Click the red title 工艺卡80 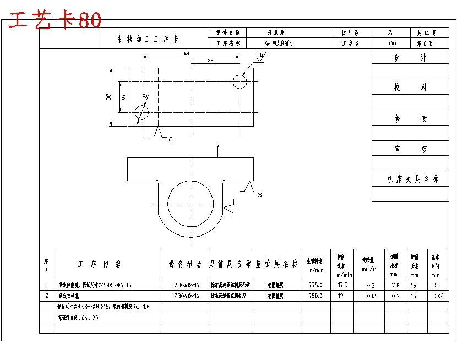pos(55,20)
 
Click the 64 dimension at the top pos(187,53)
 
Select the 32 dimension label pos(211,60)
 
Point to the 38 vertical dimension pos(108,97)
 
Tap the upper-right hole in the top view pos(240,81)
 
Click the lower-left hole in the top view pos(142,113)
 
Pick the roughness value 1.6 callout pos(260,54)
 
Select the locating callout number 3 pos(260,194)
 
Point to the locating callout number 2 pos(170,139)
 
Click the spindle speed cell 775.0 pos(315,285)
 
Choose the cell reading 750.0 pos(315,296)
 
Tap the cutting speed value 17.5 pos(342,285)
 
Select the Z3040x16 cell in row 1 pos(185,285)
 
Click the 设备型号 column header pos(185,264)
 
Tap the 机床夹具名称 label pos(413,179)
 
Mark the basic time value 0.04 pos(438,296)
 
